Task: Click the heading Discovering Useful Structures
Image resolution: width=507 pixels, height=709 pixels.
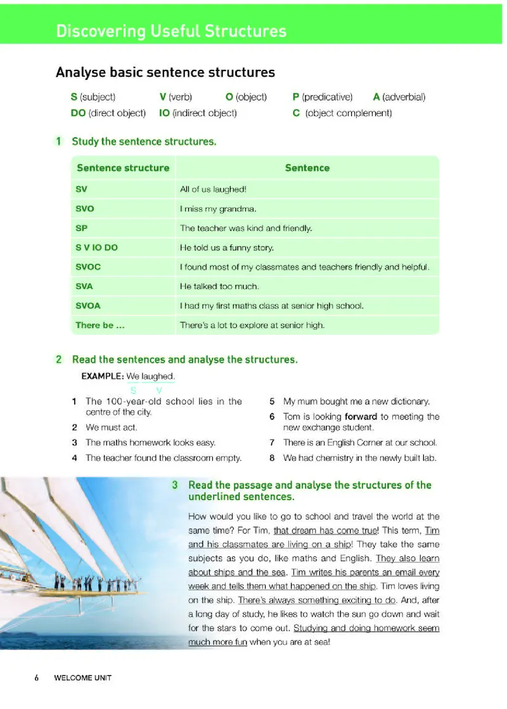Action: point(171,31)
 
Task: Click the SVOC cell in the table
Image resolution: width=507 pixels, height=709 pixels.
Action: point(88,267)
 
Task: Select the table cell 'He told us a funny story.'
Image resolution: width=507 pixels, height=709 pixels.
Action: point(227,247)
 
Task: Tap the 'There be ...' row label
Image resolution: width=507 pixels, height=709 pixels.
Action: point(94,325)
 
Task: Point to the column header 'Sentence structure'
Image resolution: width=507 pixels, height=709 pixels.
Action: point(123,168)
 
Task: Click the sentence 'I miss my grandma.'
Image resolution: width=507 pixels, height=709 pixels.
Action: point(218,208)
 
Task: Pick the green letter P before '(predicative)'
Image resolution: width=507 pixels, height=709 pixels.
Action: point(295,97)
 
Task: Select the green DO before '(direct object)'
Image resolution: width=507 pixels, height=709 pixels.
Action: point(78,113)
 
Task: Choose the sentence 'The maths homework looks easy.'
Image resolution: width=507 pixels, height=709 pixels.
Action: point(150,443)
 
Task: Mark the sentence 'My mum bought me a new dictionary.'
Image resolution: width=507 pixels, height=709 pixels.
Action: point(356,401)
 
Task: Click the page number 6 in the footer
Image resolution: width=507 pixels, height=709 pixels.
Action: point(37,677)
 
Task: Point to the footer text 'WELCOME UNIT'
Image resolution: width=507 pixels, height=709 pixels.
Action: point(82,677)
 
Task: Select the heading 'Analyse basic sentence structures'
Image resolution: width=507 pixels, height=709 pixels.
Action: point(165,72)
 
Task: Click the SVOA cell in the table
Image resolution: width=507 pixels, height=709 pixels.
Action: point(88,306)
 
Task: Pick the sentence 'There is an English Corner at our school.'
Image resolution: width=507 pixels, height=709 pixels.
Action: point(360,443)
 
